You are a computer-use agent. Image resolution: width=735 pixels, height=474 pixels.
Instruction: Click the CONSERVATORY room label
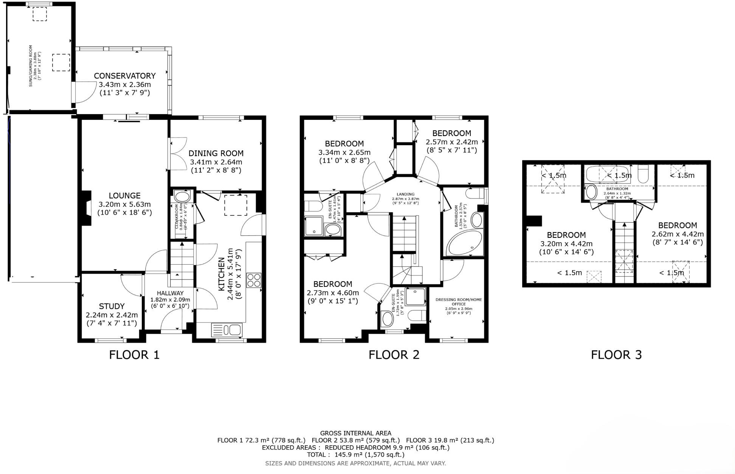pos(124,76)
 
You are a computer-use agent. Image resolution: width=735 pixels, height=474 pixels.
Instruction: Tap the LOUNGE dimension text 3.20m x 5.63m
pos(124,204)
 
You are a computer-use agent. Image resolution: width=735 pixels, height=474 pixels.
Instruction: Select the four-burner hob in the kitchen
pos(254,280)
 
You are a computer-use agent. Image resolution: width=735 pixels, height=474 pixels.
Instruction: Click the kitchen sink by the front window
pos(226,330)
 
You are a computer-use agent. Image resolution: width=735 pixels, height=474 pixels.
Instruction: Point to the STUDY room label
pos(112,306)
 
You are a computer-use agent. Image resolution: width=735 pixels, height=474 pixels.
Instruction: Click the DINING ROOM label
pos(216,153)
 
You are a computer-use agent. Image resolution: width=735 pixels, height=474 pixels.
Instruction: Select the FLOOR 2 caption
pos(394,355)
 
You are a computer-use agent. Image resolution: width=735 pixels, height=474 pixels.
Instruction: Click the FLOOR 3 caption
pos(616,355)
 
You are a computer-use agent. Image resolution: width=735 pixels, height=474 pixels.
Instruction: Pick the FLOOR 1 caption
pos(134,355)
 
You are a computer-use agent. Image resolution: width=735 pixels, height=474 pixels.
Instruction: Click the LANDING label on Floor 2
pos(405,194)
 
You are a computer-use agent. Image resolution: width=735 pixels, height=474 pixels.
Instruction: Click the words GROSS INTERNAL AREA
pos(355,433)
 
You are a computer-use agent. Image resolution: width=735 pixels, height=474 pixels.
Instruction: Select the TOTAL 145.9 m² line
pos(355,455)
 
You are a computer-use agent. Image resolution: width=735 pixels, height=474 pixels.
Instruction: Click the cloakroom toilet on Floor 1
pos(182,197)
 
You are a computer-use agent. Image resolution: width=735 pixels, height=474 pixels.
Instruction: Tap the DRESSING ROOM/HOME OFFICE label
pos(459,302)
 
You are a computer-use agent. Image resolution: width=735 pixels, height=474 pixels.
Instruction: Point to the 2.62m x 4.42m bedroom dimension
pos(677,234)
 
